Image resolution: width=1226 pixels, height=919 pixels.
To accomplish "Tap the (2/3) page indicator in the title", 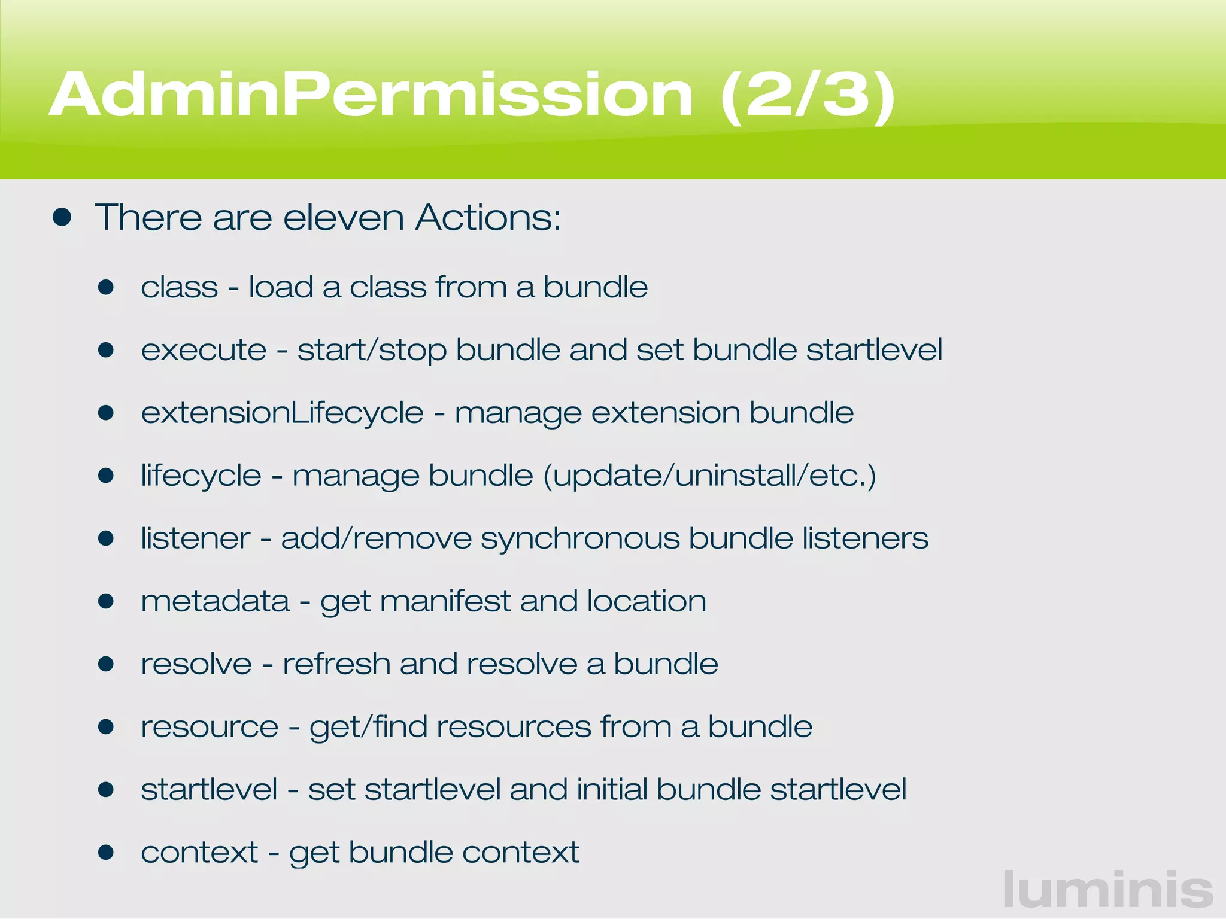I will coord(808,96).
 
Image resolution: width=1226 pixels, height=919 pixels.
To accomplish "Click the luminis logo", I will coord(1108,890).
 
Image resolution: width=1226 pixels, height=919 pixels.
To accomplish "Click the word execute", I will coord(204,350).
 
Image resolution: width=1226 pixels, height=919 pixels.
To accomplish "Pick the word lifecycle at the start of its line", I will coord(201,476).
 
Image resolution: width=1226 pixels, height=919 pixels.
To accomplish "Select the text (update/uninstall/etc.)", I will coord(709,476).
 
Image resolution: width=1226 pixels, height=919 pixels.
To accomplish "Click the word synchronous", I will coord(580,538).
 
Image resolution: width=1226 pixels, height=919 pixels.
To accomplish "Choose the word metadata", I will coord(215,601).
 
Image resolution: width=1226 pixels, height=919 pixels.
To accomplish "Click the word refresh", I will coord(336,664).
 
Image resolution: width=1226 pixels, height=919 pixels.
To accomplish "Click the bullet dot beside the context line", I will coord(106,852).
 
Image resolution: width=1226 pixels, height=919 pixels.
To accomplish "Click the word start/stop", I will coord(372,350).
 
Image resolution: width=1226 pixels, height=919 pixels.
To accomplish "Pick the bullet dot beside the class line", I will coord(106,287).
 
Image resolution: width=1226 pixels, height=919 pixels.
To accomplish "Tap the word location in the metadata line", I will coord(647,601).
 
